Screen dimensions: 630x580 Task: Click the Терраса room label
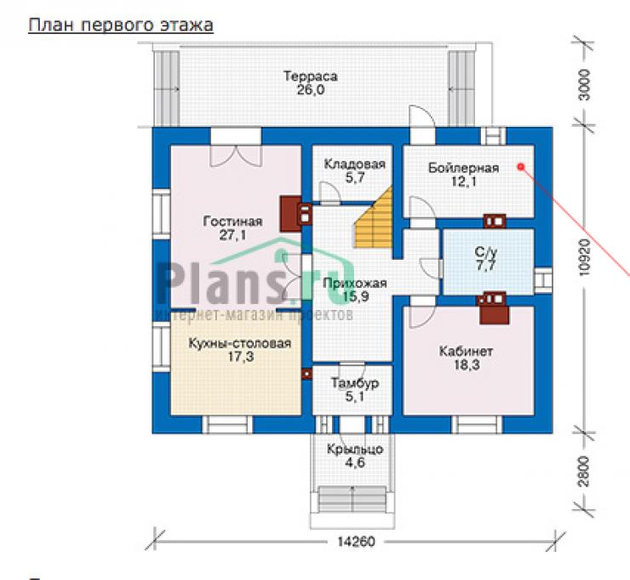[310, 77]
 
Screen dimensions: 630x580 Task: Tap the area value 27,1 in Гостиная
[232, 235]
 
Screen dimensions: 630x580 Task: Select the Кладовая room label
[355, 164]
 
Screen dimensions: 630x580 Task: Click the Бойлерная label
[464, 168]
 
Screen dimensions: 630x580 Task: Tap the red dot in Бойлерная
[521, 166]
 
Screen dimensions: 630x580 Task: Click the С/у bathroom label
[486, 252]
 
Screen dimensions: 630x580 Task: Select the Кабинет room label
[466, 351]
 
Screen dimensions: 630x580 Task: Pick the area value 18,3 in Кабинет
[467, 365]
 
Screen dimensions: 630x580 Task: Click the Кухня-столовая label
[240, 344]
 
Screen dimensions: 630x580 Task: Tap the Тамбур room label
[355, 383]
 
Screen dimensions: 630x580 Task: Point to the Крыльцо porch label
[355, 450]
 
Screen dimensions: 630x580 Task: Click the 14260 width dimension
[356, 542]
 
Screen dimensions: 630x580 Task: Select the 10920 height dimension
[585, 258]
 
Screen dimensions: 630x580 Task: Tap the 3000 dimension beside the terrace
[585, 85]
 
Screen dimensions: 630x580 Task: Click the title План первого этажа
[121, 25]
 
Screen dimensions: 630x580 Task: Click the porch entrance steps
[352, 500]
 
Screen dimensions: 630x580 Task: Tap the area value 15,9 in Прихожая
[356, 296]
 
